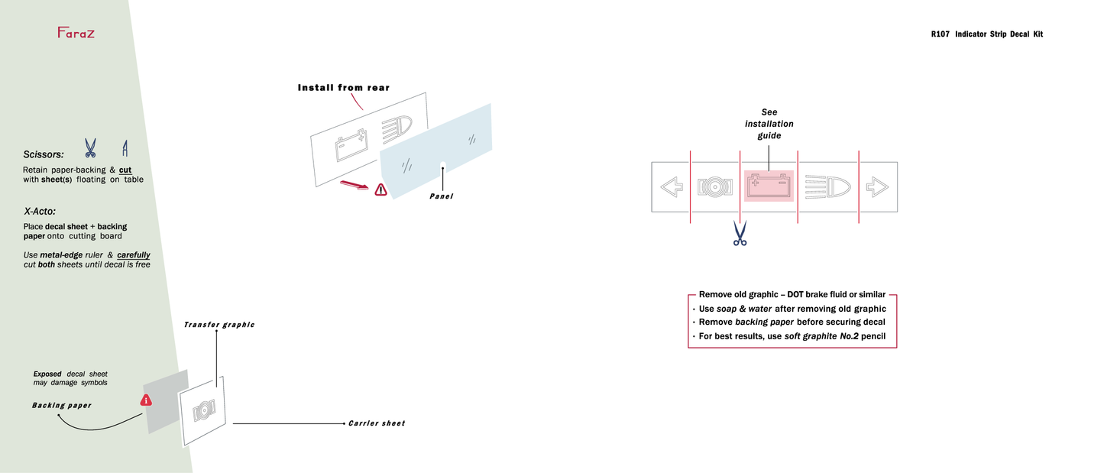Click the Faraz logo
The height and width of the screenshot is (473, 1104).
[76, 32]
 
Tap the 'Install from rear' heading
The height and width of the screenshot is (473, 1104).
[343, 88]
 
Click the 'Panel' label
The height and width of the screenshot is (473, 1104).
[441, 196]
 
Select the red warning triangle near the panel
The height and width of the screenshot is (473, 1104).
[380, 190]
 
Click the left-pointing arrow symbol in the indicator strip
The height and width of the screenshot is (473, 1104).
[671, 187]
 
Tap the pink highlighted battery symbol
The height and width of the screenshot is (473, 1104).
[769, 186]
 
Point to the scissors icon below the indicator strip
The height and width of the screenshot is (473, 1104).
[739, 234]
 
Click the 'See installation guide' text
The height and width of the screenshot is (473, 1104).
[769, 124]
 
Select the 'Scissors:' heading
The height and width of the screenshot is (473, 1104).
[44, 154]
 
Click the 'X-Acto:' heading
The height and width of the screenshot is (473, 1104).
[40, 211]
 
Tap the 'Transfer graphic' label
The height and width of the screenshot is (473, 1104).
[219, 325]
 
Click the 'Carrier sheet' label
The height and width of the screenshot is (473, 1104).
[377, 423]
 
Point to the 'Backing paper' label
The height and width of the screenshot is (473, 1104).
[61, 406]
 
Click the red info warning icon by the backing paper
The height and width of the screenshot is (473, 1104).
[146, 400]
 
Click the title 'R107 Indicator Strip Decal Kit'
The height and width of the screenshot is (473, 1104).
[986, 34]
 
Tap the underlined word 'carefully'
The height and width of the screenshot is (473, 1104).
[134, 254]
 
